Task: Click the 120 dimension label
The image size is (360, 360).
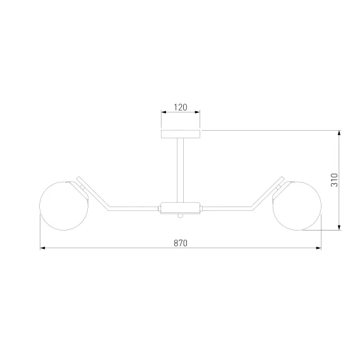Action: (181, 107)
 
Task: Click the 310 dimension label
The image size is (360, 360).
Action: (334, 180)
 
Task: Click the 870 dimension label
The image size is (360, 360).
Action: (181, 243)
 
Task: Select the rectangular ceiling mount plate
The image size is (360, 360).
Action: (181, 134)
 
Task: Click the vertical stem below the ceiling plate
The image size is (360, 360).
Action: (180, 170)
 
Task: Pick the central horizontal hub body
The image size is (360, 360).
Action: (180, 208)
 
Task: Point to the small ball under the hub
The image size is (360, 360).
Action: (180, 215)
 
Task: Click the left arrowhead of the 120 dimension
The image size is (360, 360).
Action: (164, 112)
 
